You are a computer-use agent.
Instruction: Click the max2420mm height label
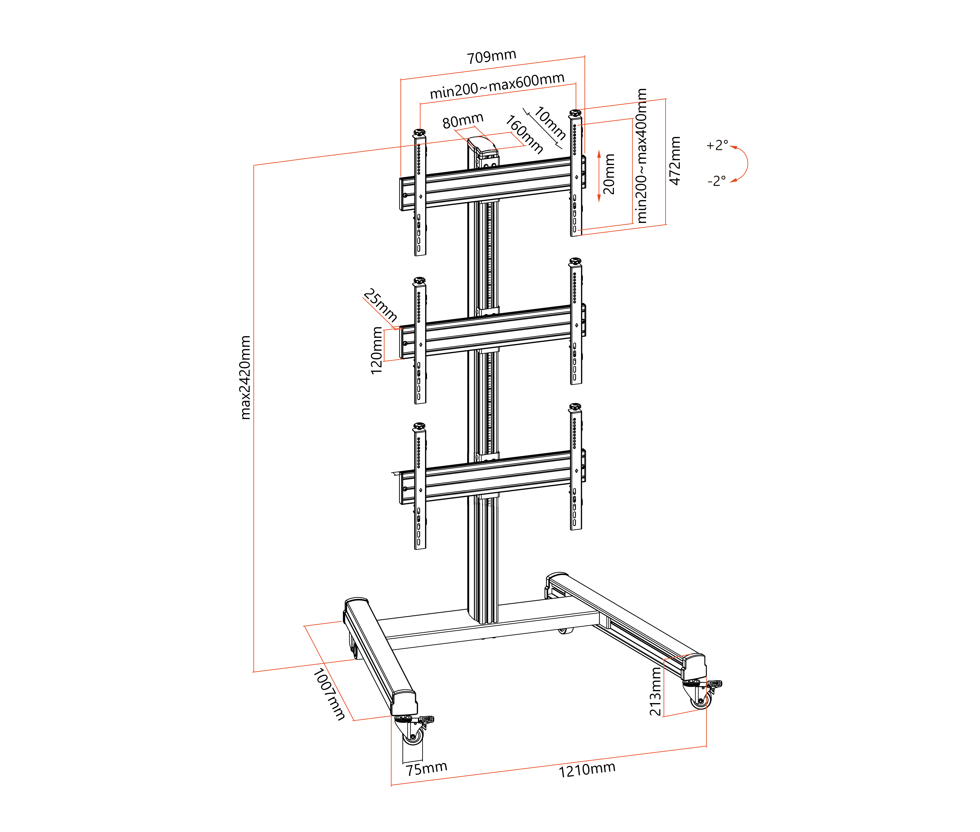pos(245,377)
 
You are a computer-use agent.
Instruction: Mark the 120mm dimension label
pos(376,350)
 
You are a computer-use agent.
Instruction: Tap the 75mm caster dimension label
pos(427,769)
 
